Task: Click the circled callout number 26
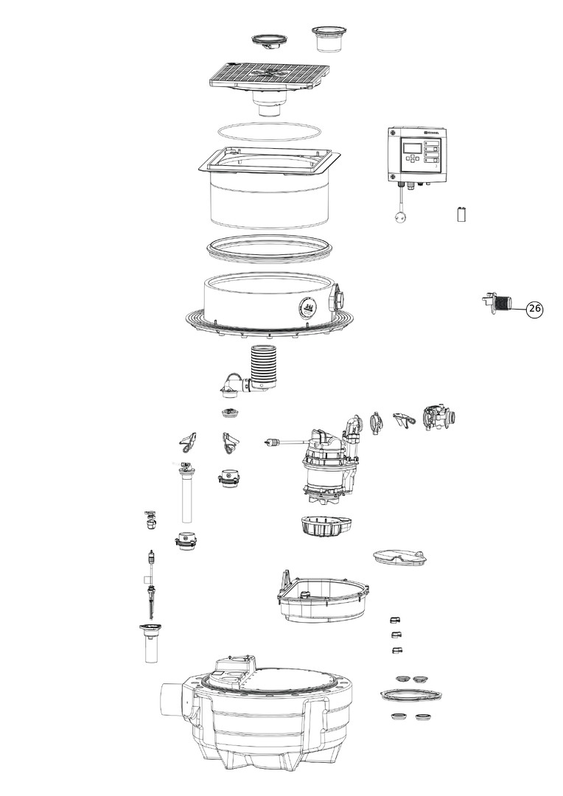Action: (x=535, y=310)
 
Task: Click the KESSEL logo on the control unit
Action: (x=429, y=133)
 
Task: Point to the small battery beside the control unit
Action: (x=463, y=214)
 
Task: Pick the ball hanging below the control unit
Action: (x=399, y=217)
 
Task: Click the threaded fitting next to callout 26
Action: (x=499, y=302)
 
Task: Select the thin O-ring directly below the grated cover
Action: (x=268, y=132)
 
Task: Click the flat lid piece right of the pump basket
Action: (x=401, y=558)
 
